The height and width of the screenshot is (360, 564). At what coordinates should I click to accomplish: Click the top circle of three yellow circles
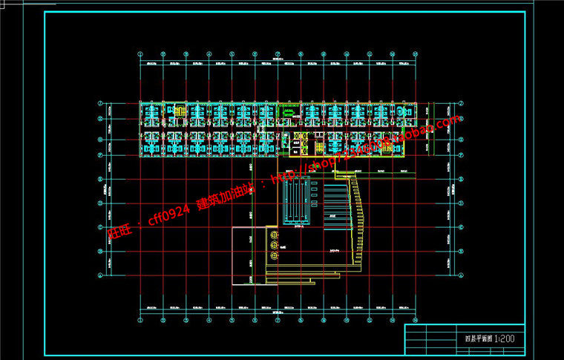click(274, 234)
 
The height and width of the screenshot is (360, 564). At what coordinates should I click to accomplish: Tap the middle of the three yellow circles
click(274, 244)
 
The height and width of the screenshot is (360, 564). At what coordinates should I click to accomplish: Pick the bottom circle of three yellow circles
click(274, 255)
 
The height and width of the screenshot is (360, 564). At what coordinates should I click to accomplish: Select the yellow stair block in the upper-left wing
click(178, 111)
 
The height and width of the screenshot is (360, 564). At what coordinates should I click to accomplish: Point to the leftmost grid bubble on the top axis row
click(140, 53)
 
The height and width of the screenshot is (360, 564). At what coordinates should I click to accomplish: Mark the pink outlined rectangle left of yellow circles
click(250, 255)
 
